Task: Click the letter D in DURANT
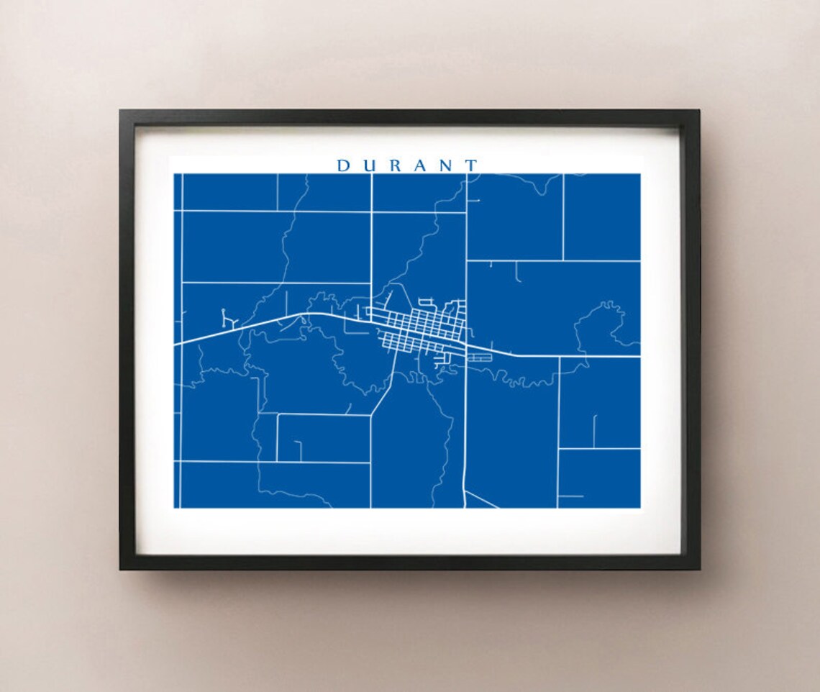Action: (x=343, y=166)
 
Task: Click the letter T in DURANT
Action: (x=471, y=166)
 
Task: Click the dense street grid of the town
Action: (x=421, y=331)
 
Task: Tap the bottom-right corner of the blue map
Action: (x=639, y=507)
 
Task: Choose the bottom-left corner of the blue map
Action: (x=175, y=507)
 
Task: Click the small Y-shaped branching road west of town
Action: (x=229, y=319)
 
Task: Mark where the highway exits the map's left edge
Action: (x=176, y=344)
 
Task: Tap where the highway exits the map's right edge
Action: (x=639, y=356)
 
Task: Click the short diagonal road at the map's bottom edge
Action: (x=482, y=499)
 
